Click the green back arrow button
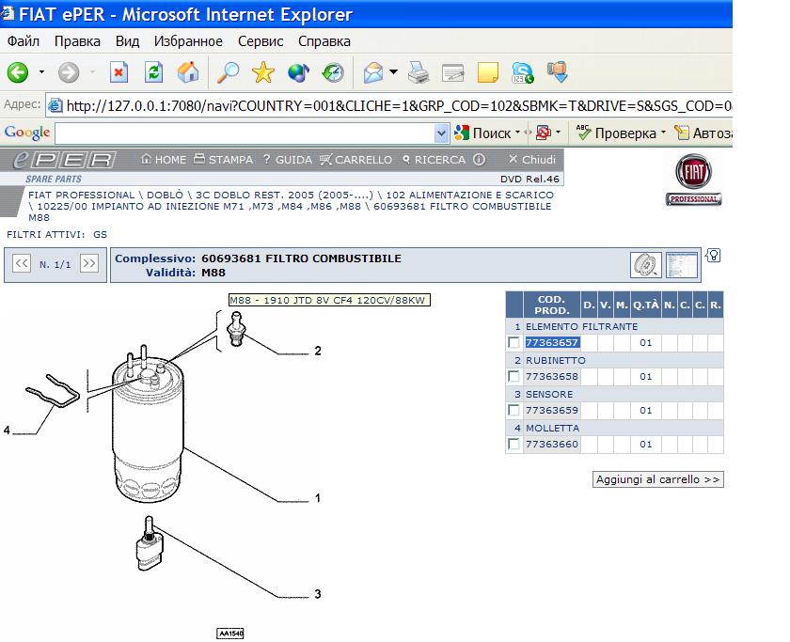tap(18, 72)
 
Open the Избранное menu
tap(188, 41)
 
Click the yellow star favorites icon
tap(263, 72)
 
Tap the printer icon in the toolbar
tap(419, 72)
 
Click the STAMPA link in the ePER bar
tap(224, 160)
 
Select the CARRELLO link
tap(356, 160)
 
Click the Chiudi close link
tap(532, 160)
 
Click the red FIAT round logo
tap(693, 172)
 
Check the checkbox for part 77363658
tap(513, 377)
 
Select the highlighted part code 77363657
tap(552, 343)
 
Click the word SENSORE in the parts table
tap(549, 394)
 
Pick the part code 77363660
tap(552, 445)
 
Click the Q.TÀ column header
tap(646, 305)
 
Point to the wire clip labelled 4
tap(54, 390)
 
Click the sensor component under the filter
tap(150, 544)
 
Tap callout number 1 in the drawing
tap(318, 498)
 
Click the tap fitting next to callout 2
tap(236, 328)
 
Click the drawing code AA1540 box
tap(230, 634)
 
